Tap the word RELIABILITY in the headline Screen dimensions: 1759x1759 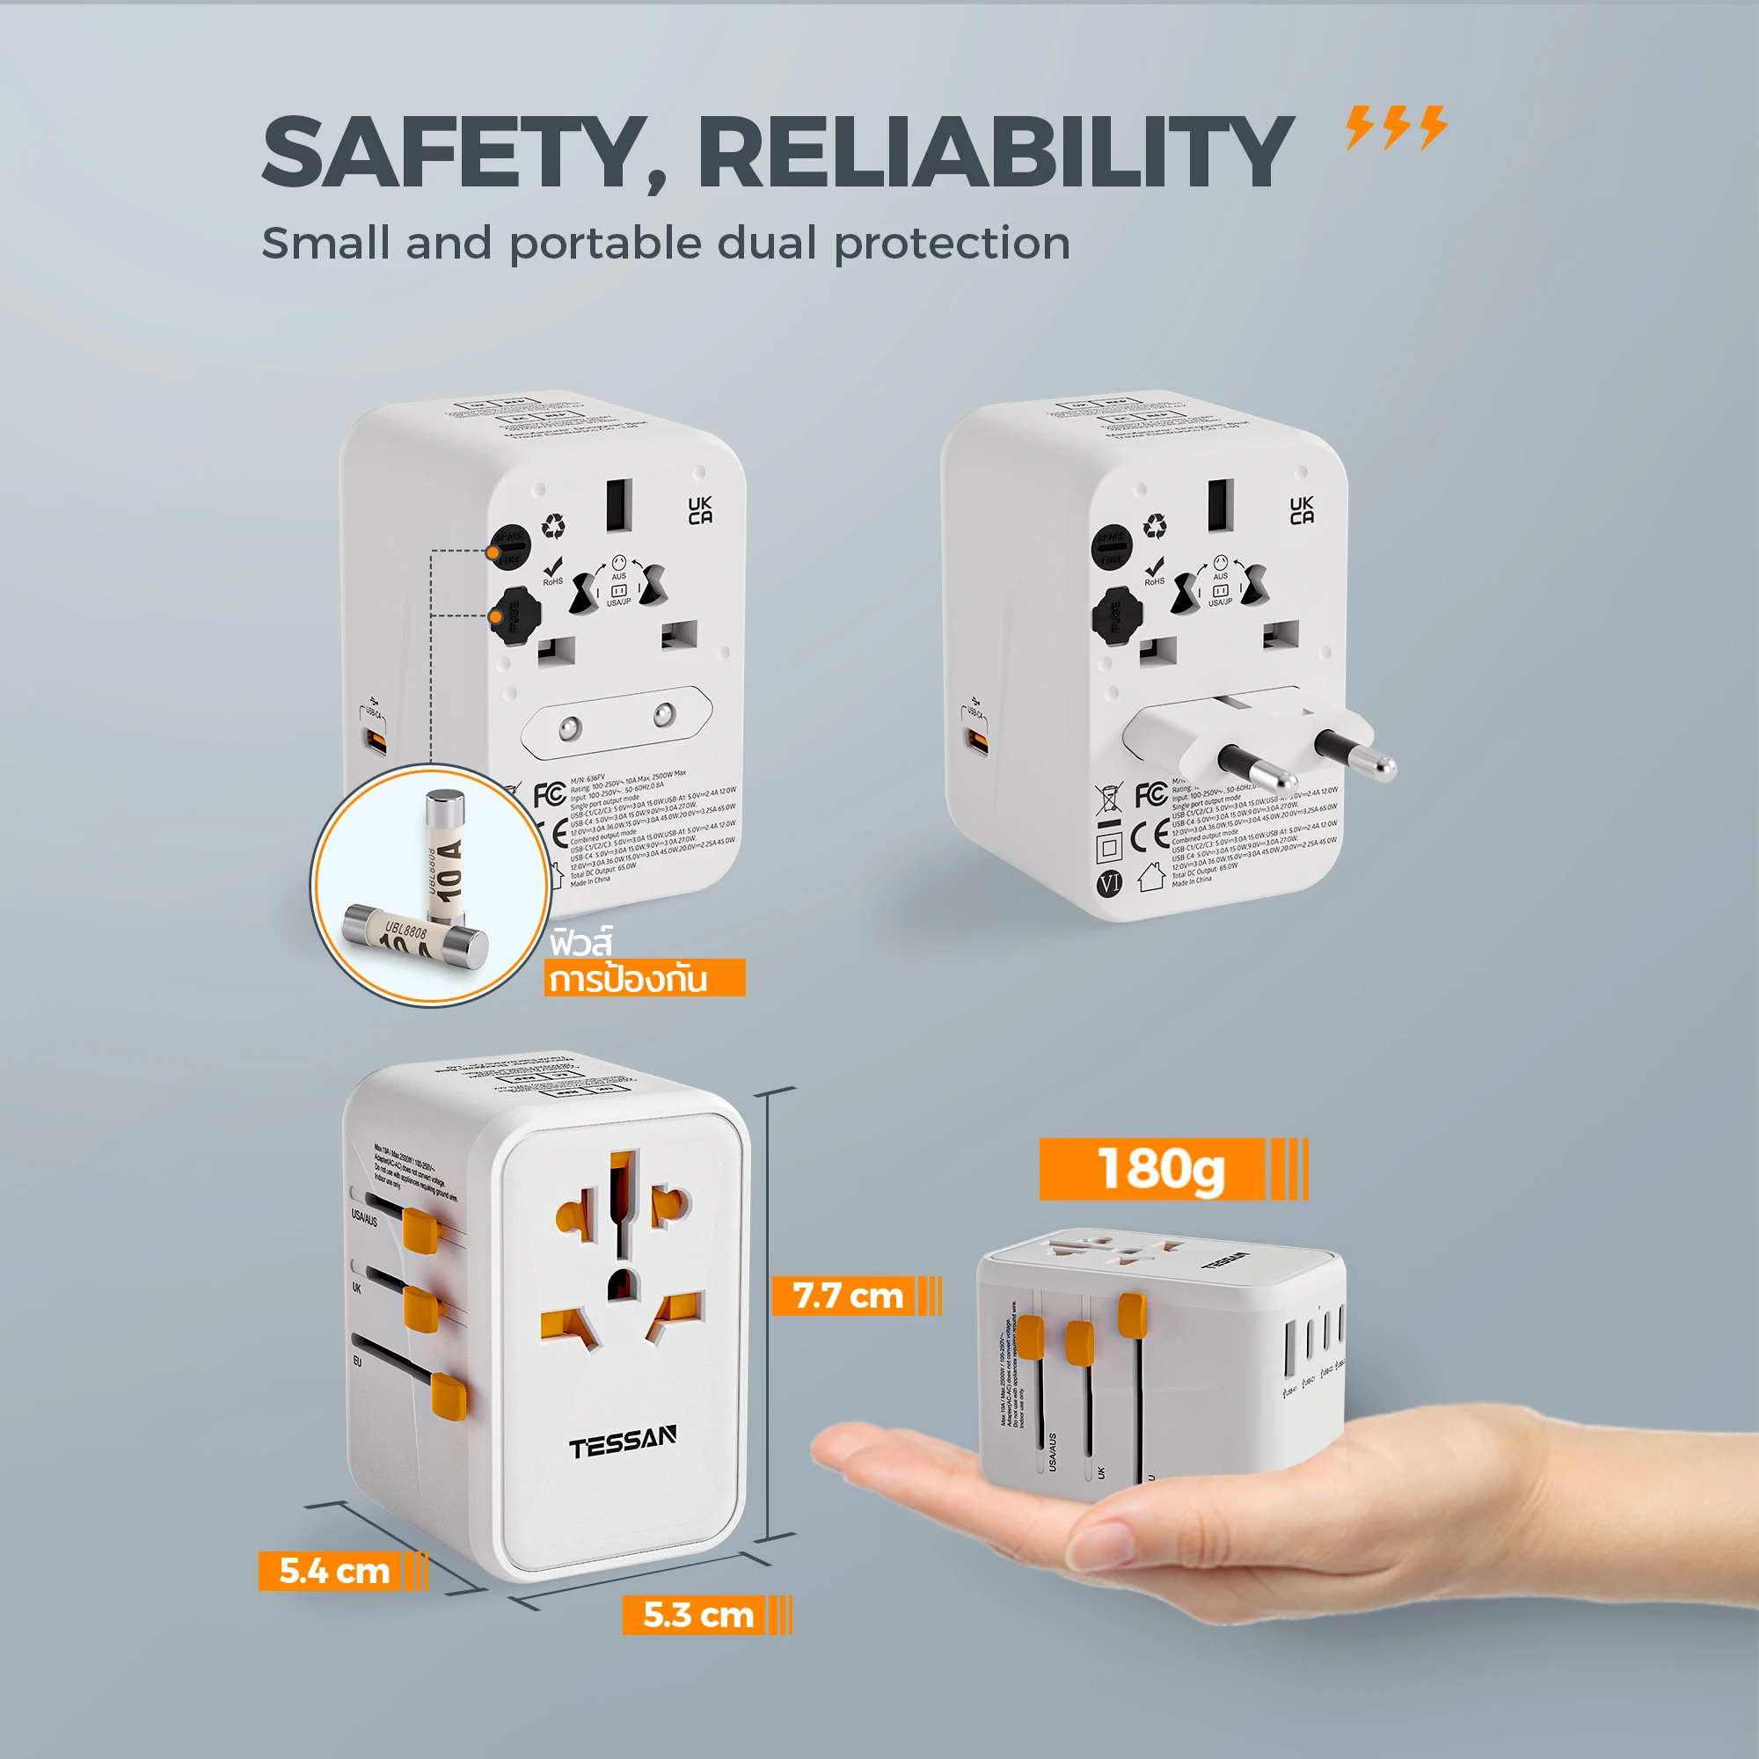tap(994, 152)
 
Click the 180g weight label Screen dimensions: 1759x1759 tap(1160, 1168)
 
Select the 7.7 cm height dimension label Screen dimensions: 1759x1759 tap(847, 1295)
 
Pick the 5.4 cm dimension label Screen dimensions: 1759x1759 tap(333, 1571)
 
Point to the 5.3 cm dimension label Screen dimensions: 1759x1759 tap(697, 1614)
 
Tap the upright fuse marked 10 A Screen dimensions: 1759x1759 tap(446, 856)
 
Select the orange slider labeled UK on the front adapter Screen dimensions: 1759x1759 tap(420, 1309)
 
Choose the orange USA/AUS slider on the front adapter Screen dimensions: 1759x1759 tap(420, 1230)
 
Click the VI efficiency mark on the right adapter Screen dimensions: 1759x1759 tap(1109, 882)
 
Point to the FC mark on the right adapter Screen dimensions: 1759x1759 tap(1150, 794)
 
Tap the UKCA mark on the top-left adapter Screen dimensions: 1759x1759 tap(700, 511)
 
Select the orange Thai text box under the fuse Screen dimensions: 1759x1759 tap(645, 978)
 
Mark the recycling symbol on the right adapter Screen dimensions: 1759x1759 tap(1156, 525)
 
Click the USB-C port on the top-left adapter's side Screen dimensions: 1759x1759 tap(374, 740)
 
